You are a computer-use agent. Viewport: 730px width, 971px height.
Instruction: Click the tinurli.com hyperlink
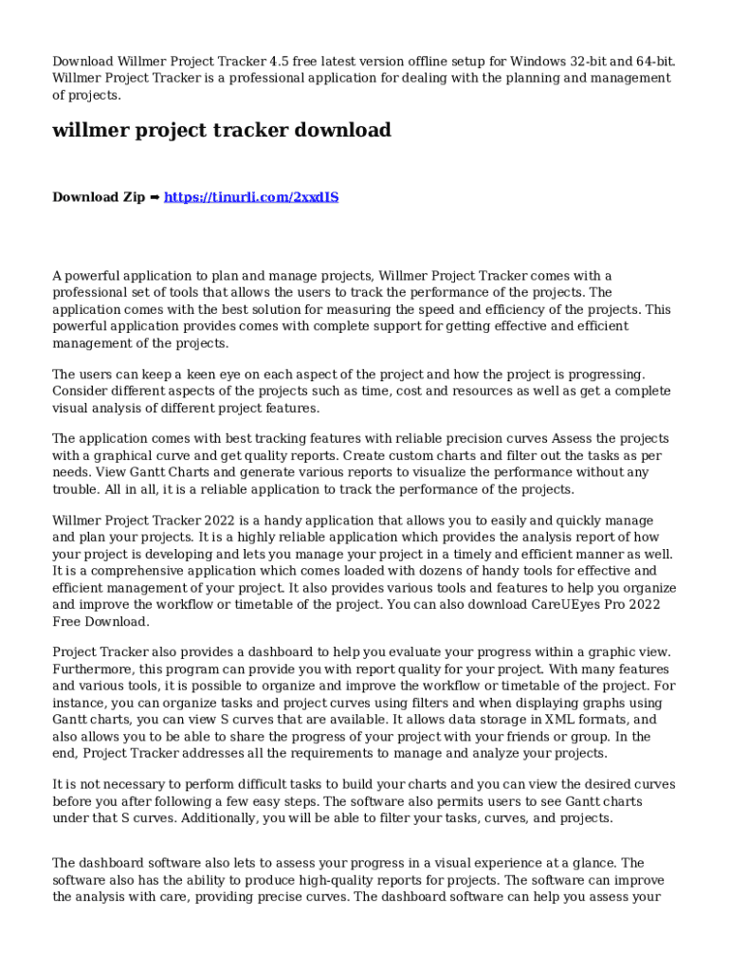251,197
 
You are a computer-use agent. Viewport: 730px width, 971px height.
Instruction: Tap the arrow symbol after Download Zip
155,197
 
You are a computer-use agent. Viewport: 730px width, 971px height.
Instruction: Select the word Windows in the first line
538,62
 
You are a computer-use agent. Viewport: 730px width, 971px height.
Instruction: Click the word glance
592,863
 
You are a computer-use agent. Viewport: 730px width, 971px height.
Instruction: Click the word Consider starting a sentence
82,392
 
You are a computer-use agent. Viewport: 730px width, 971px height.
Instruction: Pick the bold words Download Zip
99,197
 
